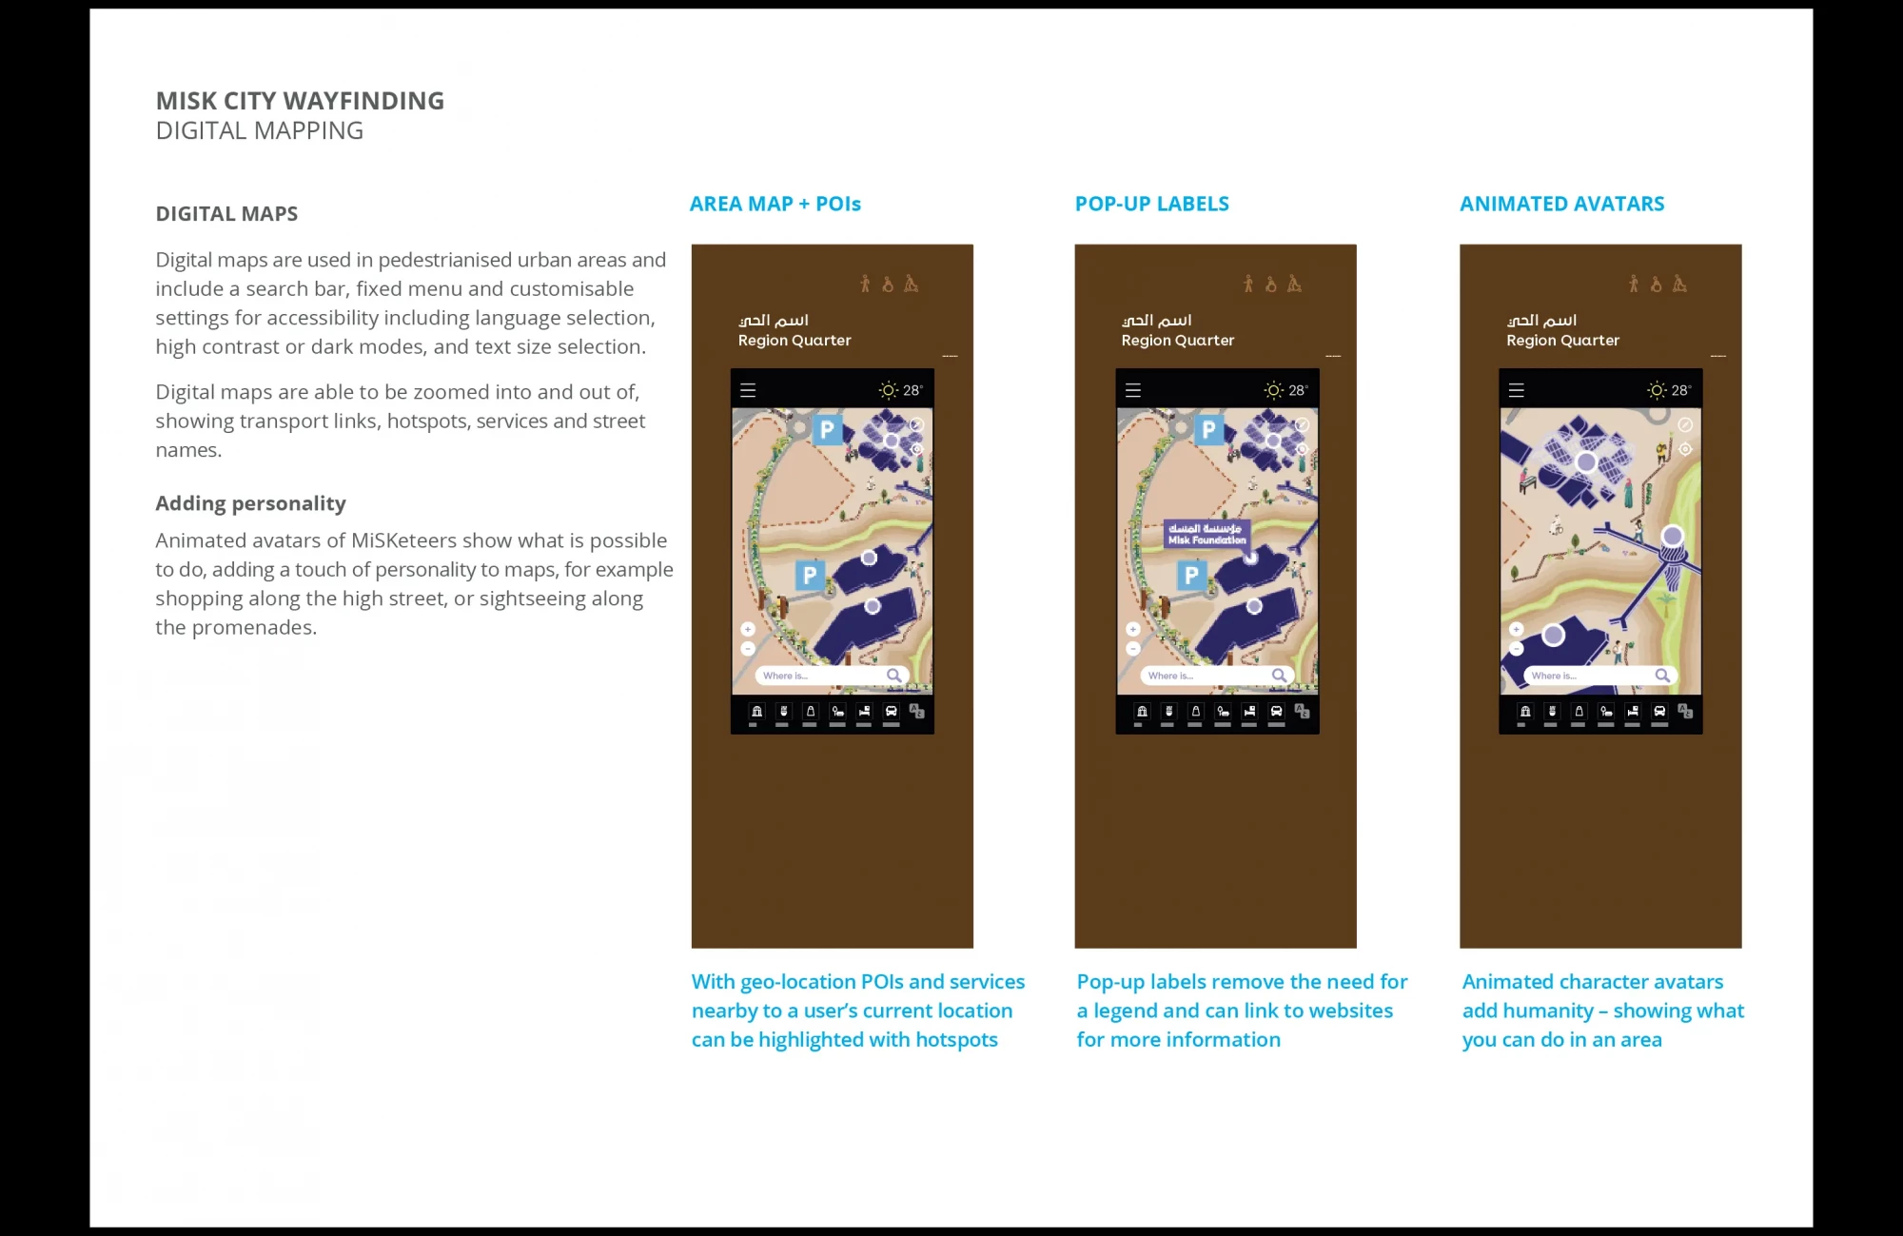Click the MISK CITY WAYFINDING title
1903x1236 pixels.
[300, 101]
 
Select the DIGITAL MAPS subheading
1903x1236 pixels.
[226, 214]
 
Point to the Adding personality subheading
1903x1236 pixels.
[250, 503]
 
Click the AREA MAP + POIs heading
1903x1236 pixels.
[775, 204]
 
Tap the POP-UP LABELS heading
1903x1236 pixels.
[1151, 204]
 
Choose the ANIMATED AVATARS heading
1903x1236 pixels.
[1561, 204]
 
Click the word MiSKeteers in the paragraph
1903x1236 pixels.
[405, 540]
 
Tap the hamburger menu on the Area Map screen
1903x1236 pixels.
[748, 390]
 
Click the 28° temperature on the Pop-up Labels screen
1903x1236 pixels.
[1298, 390]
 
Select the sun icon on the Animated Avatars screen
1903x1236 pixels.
[1657, 390]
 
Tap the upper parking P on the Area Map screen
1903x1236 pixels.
[827, 430]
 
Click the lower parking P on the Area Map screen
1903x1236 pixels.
[809, 575]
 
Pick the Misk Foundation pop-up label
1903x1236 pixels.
[1207, 534]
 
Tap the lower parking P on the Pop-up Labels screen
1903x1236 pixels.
[1191, 575]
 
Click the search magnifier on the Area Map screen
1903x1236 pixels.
[893, 676]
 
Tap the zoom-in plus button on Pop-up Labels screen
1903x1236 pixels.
[1132, 629]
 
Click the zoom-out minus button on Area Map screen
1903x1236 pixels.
[748, 649]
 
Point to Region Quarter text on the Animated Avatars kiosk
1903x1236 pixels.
[1562, 341]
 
